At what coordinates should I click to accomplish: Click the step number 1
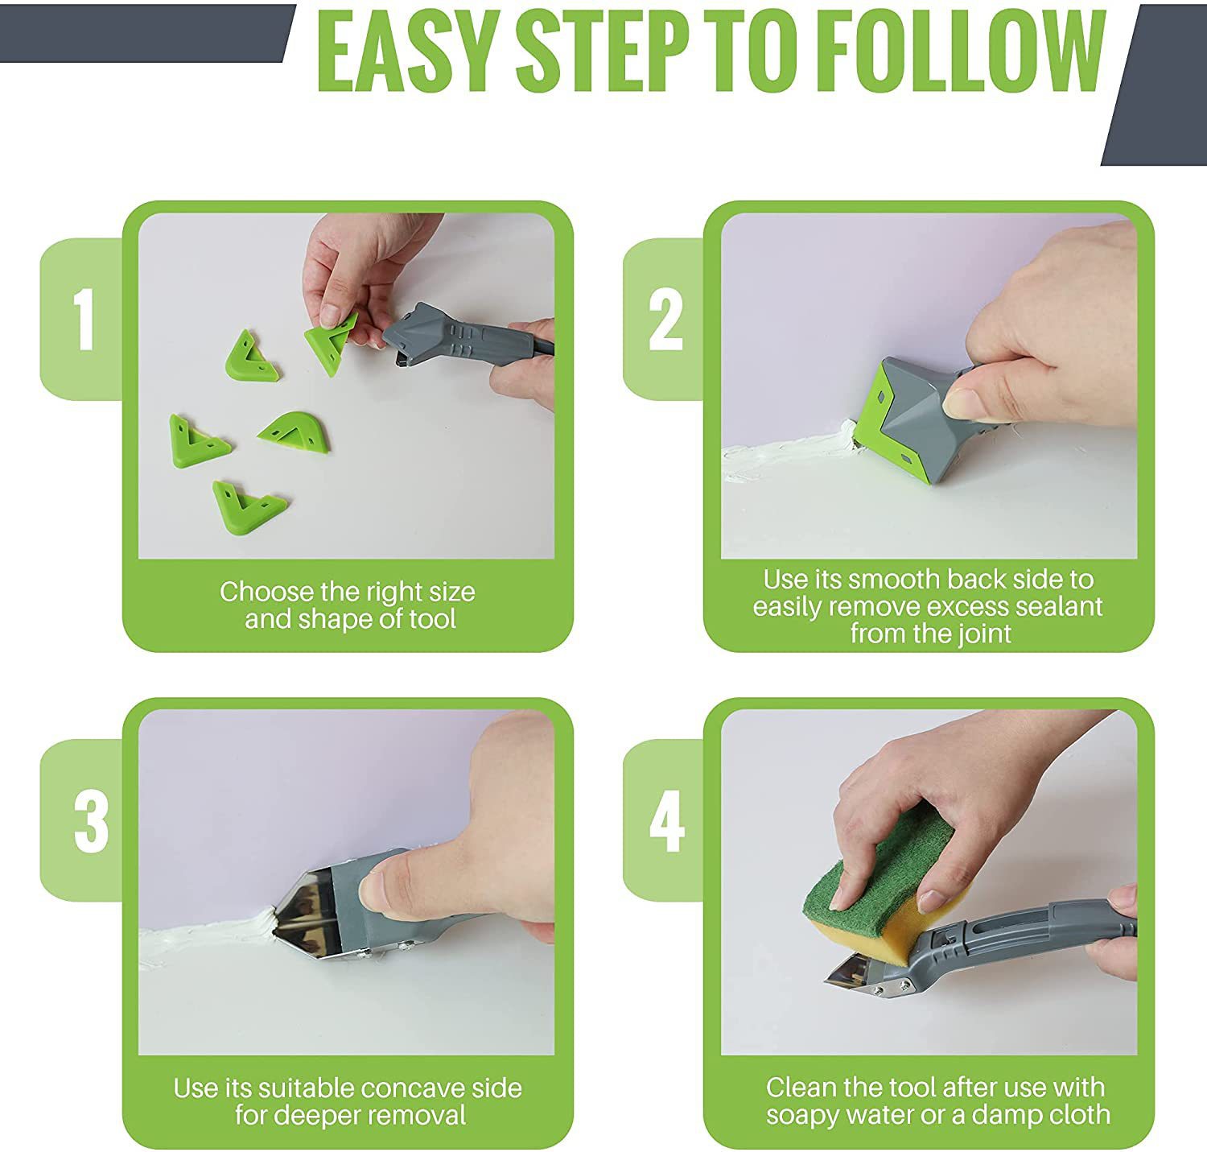[x=83, y=319]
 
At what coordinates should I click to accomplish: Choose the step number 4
[x=667, y=821]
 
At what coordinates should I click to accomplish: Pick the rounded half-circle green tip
[x=294, y=431]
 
